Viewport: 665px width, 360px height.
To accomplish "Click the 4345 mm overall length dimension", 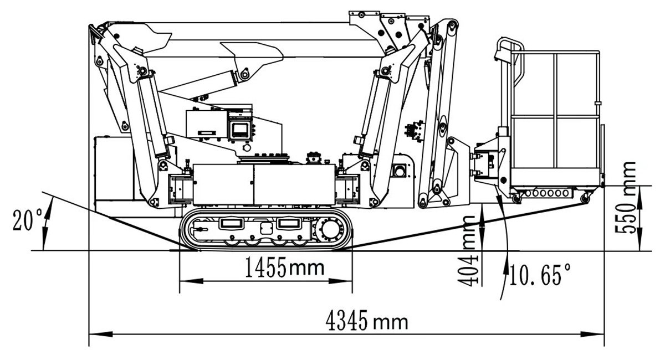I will pyautogui.click(x=367, y=321).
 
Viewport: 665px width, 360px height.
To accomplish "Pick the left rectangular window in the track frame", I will pyautogui.click(x=230, y=223).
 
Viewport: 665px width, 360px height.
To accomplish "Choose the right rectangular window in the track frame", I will pyautogui.click(x=289, y=223).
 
